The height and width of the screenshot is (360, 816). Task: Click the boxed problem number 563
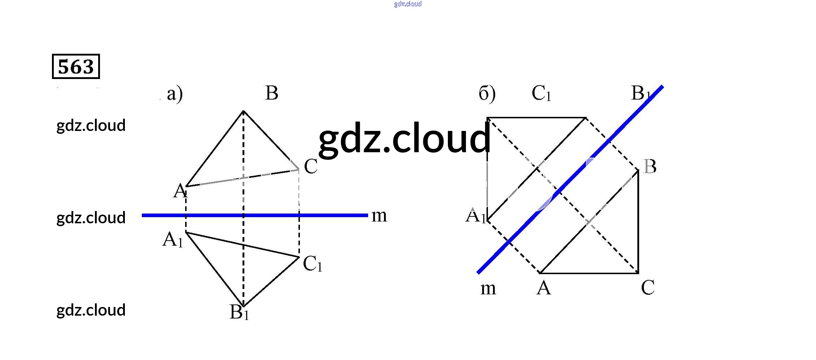(x=76, y=66)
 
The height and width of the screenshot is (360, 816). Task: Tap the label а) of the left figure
(x=175, y=94)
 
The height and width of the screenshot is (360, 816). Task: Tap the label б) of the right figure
(x=487, y=94)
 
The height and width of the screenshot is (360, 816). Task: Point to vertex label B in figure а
(x=271, y=93)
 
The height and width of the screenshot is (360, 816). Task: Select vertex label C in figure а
(x=310, y=167)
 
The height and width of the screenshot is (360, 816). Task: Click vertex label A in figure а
(x=180, y=191)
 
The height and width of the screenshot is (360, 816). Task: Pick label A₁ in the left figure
(x=173, y=240)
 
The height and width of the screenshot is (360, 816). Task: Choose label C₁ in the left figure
(x=312, y=264)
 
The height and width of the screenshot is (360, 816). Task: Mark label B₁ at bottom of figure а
(x=239, y=312)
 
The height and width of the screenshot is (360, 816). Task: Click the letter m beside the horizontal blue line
(x=379, y=216)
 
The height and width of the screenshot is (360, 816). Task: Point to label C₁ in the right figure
(x=541, y=93)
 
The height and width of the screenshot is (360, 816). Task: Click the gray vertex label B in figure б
(x=650, y=167)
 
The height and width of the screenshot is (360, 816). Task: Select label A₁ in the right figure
(x=476, y=216)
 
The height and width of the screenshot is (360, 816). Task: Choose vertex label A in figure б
(x=544, y=288)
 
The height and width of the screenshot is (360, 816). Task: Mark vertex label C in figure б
(x=647, y=288)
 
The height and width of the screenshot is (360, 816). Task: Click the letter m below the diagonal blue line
(x=488, y=289)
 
